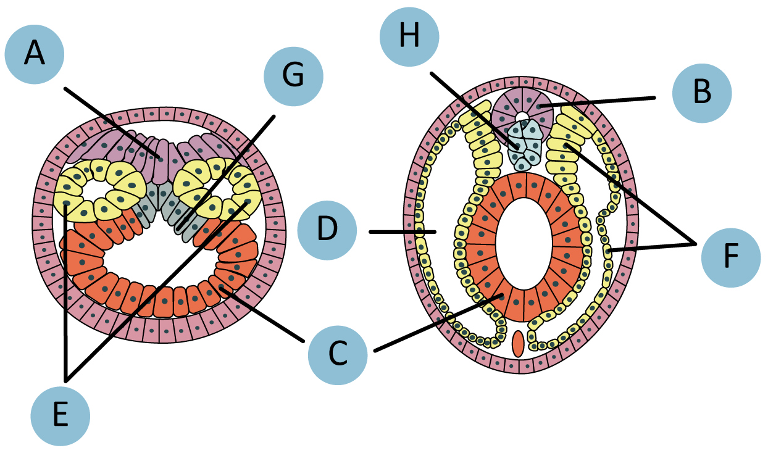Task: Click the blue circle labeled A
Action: point(35,54)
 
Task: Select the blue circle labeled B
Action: point(702,93)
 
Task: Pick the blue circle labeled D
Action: point(327,230)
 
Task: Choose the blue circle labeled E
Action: point(60,415)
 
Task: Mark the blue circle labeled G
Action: point(293,76)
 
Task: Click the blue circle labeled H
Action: point(409,36)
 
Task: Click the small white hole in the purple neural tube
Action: point(522,117)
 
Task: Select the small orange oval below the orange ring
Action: point(518,344)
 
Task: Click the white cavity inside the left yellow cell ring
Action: point(89,189)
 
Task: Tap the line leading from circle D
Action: point(402,232)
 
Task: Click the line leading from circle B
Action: point(599,102)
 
